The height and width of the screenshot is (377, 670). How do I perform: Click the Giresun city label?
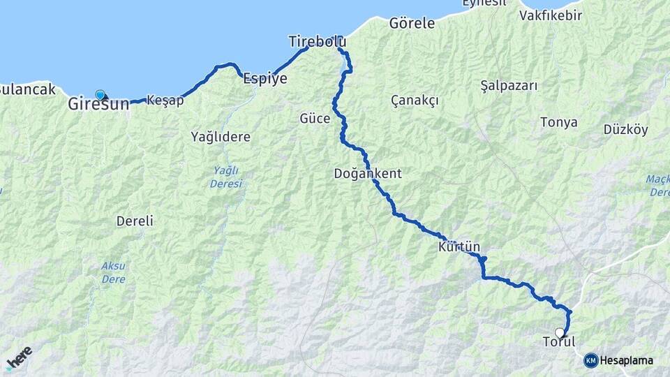pos(99,105)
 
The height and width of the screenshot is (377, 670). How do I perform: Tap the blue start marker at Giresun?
pos(100,94)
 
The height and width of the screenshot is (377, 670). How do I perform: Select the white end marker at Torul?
pos(560,333)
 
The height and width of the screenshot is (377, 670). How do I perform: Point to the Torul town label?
pos(559,342)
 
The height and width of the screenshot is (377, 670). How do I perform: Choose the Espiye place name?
pos(265,79)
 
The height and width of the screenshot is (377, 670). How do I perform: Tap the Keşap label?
pos(165,101)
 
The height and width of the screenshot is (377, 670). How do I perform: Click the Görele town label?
pos(412,23)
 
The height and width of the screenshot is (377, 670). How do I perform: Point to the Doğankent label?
pos(368,173)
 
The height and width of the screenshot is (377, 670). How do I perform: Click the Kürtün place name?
pos(460,247)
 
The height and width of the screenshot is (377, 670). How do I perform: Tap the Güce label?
pos(315,118)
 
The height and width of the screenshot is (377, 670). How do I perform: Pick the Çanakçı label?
pos(415,101)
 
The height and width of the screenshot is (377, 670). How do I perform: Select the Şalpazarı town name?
pos(509,85)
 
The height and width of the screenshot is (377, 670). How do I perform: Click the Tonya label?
pos(559,122)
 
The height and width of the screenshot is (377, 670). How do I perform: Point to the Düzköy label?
pos(626,129)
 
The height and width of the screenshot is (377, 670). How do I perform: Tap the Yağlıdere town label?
pos(221,137)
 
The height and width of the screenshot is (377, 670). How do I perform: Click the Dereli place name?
pos(135,221)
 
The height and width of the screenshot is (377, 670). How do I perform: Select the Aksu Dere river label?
pos(113,272)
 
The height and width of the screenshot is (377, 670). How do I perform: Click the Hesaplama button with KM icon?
pos(619,360)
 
